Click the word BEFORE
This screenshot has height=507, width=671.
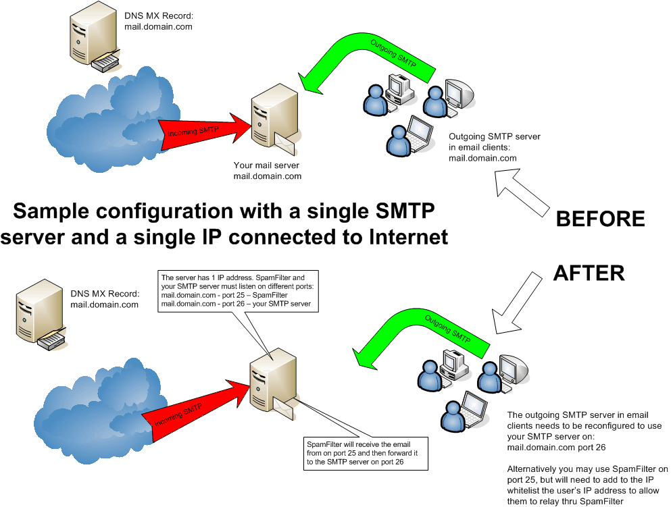pyautogui.click(x=599, y=219)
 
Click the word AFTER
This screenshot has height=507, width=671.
pyautogui.click(x=589, y=272)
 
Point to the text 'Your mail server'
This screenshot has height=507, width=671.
pyautogui.click(x=266, y=166)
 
